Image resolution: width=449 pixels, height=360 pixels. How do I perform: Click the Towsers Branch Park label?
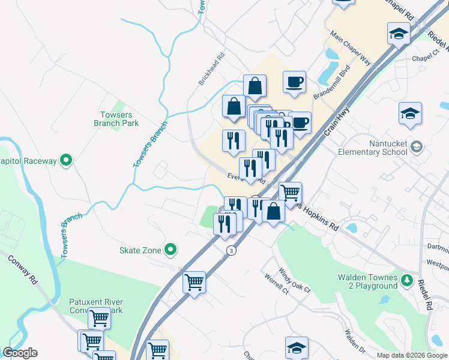[x=116, y=118]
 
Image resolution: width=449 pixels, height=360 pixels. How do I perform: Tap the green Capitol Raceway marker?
[x=67, y=160]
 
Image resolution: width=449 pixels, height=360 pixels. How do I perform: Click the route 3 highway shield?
[x=231, y=250]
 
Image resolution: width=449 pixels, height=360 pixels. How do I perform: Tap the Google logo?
[x=20, y=353]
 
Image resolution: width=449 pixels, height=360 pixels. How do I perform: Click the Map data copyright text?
[x=412, y=355]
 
